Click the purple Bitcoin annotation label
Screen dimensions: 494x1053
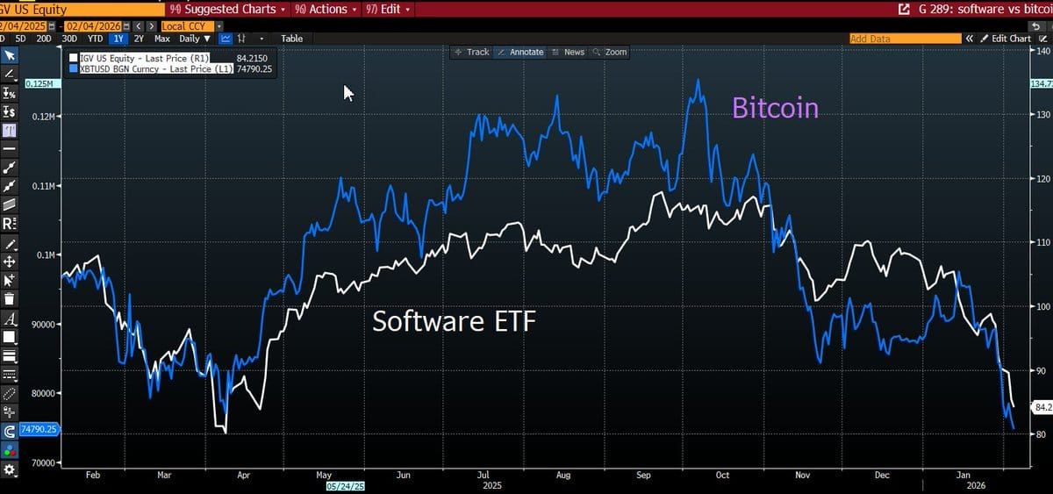click(x=775, y=108)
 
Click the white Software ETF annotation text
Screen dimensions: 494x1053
click(x=454, y=321)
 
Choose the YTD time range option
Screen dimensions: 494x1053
click(x=96, y=39)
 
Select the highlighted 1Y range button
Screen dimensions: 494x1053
click(x=118, y=39)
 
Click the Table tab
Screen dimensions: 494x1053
click(x=291, y=39)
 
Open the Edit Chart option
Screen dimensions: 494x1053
click(x=1006, y=39)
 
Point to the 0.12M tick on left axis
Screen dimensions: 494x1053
click(x=42, y=116)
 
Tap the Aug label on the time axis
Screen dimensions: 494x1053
click(x=563, y=475)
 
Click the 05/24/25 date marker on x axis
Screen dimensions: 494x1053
click(x=345, y=485)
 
